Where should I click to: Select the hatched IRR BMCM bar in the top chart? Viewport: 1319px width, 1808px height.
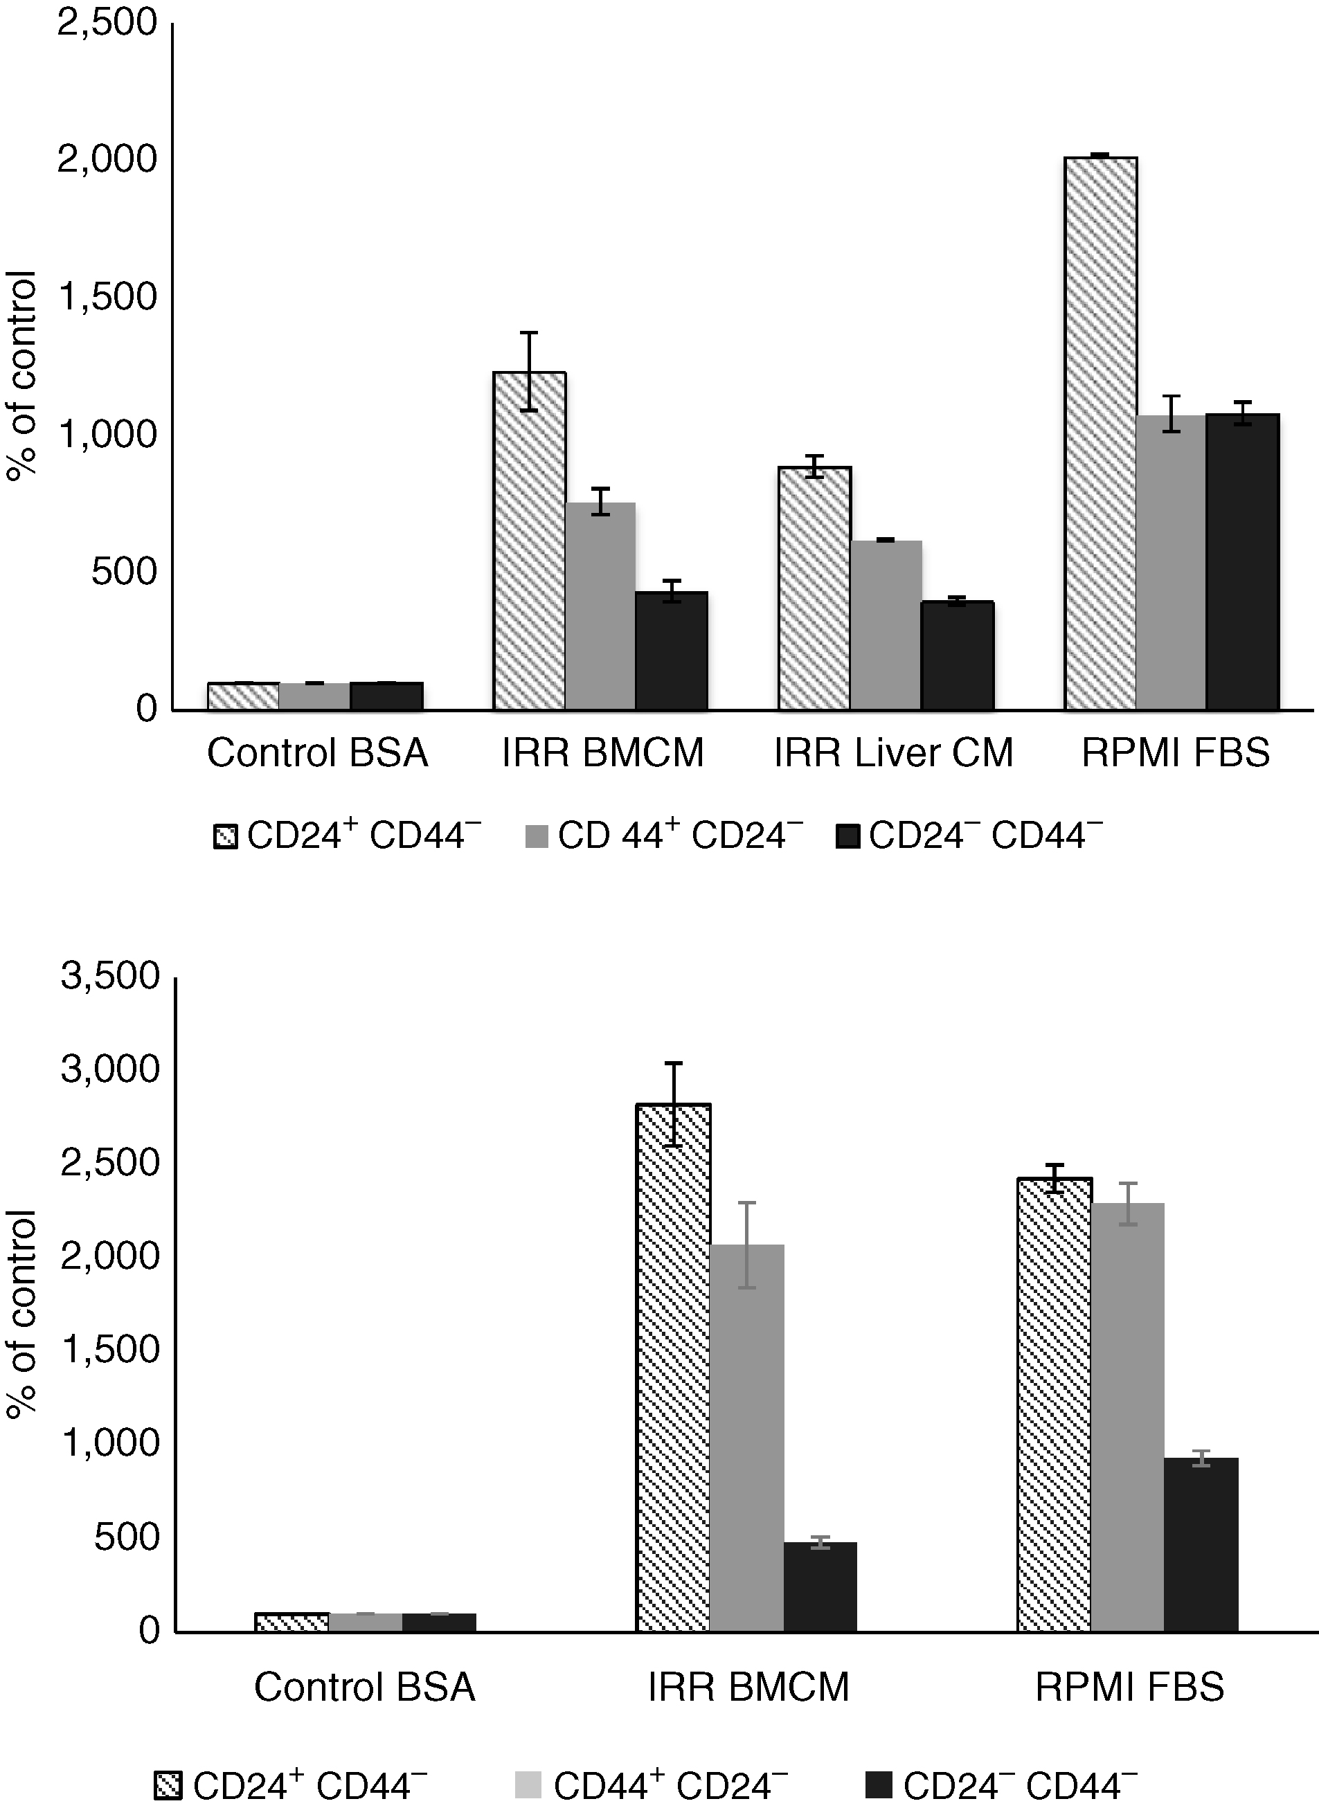pos(530,541)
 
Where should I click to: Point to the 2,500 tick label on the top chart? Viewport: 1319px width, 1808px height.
pos(107,22)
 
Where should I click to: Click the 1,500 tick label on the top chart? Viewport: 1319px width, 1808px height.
pos(107,297)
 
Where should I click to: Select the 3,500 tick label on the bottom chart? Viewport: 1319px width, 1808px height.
pos(110,975)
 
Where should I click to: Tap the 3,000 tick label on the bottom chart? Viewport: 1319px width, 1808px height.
pos(110,1069)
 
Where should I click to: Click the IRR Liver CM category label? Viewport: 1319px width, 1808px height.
pos(893,752)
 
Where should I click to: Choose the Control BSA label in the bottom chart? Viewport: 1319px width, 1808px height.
pos(365,1688)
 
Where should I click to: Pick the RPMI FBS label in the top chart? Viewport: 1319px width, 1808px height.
pos(1175,752)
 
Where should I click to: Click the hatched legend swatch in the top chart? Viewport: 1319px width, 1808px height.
pos(226,838)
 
